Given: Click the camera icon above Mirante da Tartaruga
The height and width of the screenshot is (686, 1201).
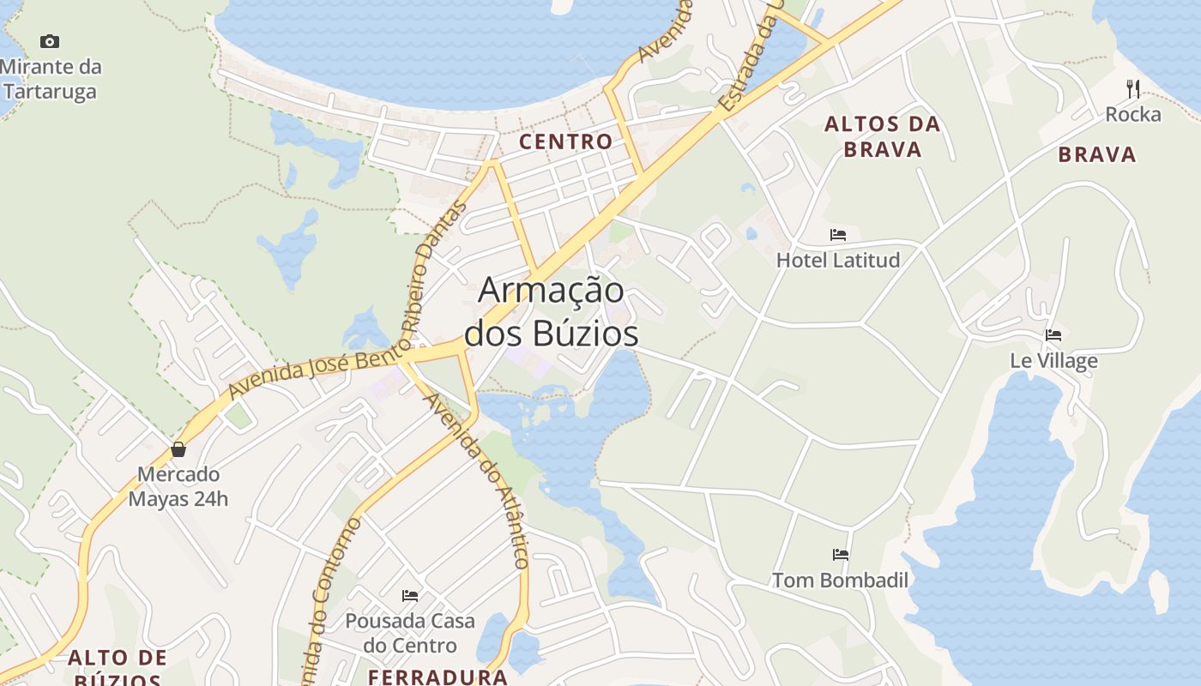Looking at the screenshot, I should [x=50, y=41].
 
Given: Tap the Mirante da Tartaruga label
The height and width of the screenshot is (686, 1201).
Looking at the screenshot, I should [x=51, y=79].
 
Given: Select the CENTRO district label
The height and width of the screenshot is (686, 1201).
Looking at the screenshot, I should [x=566, y=141].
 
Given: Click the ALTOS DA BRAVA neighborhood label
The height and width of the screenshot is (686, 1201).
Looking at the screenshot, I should [x=883, y=136].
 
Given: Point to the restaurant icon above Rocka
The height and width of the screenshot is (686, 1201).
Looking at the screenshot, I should [x=1133, y=87].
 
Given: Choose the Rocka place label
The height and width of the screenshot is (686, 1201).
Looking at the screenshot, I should [x=1133, y=114].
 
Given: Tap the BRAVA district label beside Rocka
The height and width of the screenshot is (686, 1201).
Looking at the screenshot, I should [x=1096, y=155].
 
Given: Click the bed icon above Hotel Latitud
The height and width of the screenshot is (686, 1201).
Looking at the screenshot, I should [x=838, y=234].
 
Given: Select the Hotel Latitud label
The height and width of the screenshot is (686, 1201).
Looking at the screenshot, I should [x=838, y=260].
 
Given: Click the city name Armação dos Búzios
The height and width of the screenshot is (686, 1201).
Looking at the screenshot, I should [x=552, y=311].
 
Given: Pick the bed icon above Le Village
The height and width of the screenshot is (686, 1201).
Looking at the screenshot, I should [x=1053, y=334].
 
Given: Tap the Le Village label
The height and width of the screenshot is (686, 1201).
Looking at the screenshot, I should [x=1053, y=360].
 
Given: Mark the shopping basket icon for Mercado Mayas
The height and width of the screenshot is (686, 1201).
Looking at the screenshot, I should [x=178, y=448].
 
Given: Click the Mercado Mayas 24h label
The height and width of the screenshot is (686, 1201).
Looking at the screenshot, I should [x=178, y=486].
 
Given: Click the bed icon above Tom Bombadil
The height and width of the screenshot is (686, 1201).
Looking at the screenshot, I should [x=841, y=555].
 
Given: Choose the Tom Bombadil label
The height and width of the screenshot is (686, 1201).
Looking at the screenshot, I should [x=841, y=581].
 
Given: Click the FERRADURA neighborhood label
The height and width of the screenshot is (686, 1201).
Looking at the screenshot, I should [x=438, y=677].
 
